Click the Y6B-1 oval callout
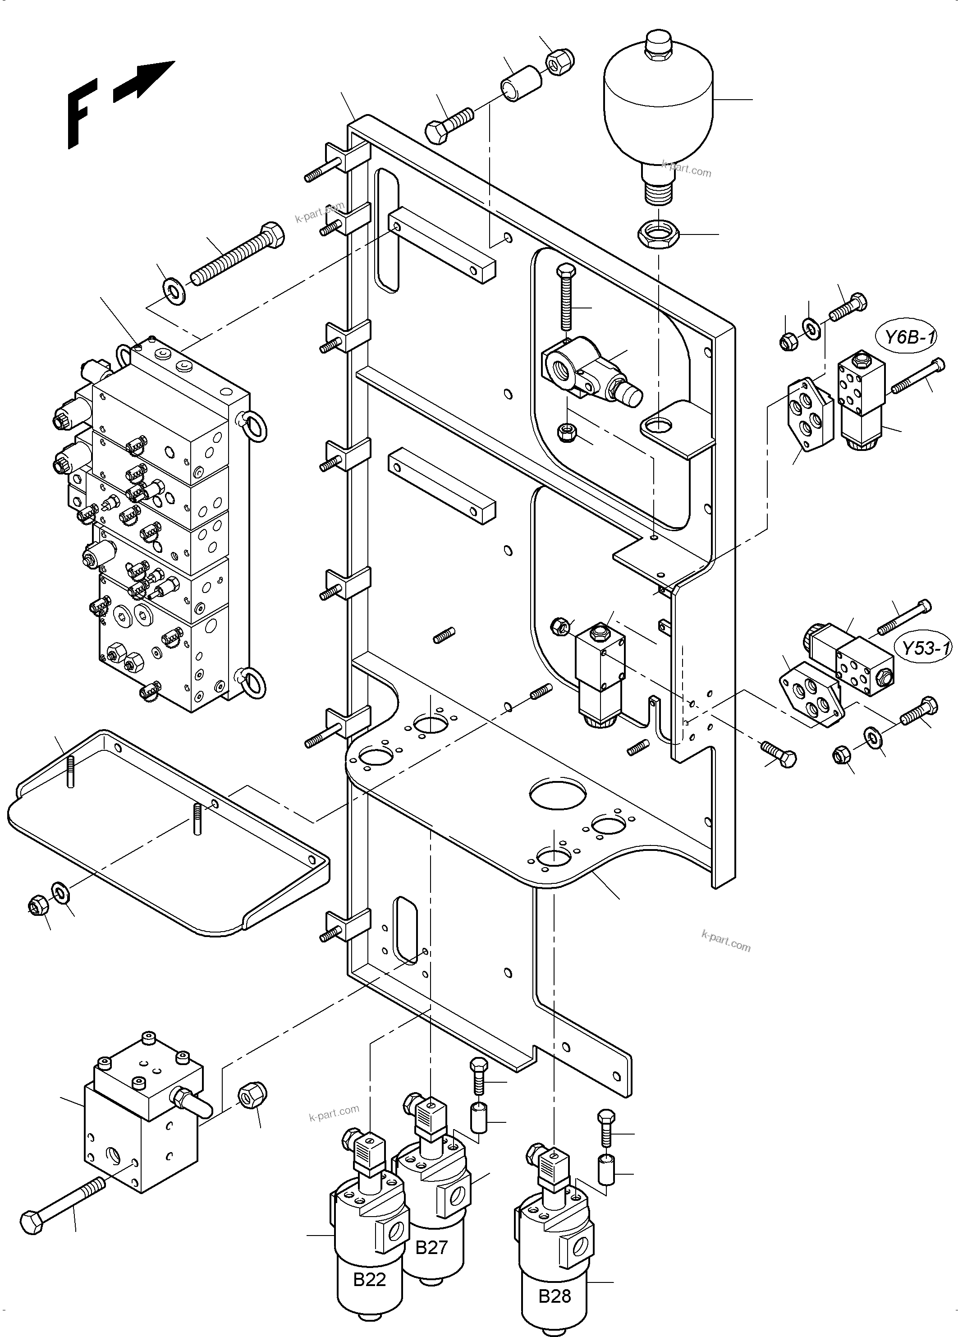tap(910, 337)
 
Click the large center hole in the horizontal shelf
tap(557, 793)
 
